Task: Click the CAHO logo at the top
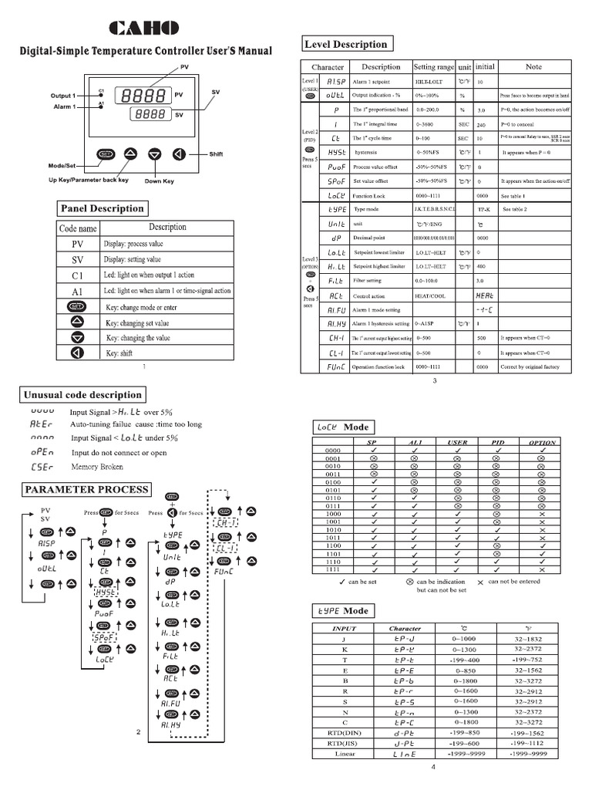coord(144,29)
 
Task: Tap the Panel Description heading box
coord(102,208)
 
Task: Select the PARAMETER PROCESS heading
coord(87,489)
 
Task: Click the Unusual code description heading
coord(82,395)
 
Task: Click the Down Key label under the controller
coord(159,181)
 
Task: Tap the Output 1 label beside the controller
coord(63,96)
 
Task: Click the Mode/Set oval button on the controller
coord(105,154)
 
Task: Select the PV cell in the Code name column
coord(77,244)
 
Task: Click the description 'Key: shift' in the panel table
coord(119,353)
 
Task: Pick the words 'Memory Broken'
coord(97,467)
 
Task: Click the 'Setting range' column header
coord(434,67)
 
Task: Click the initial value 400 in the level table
coord(483,266)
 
